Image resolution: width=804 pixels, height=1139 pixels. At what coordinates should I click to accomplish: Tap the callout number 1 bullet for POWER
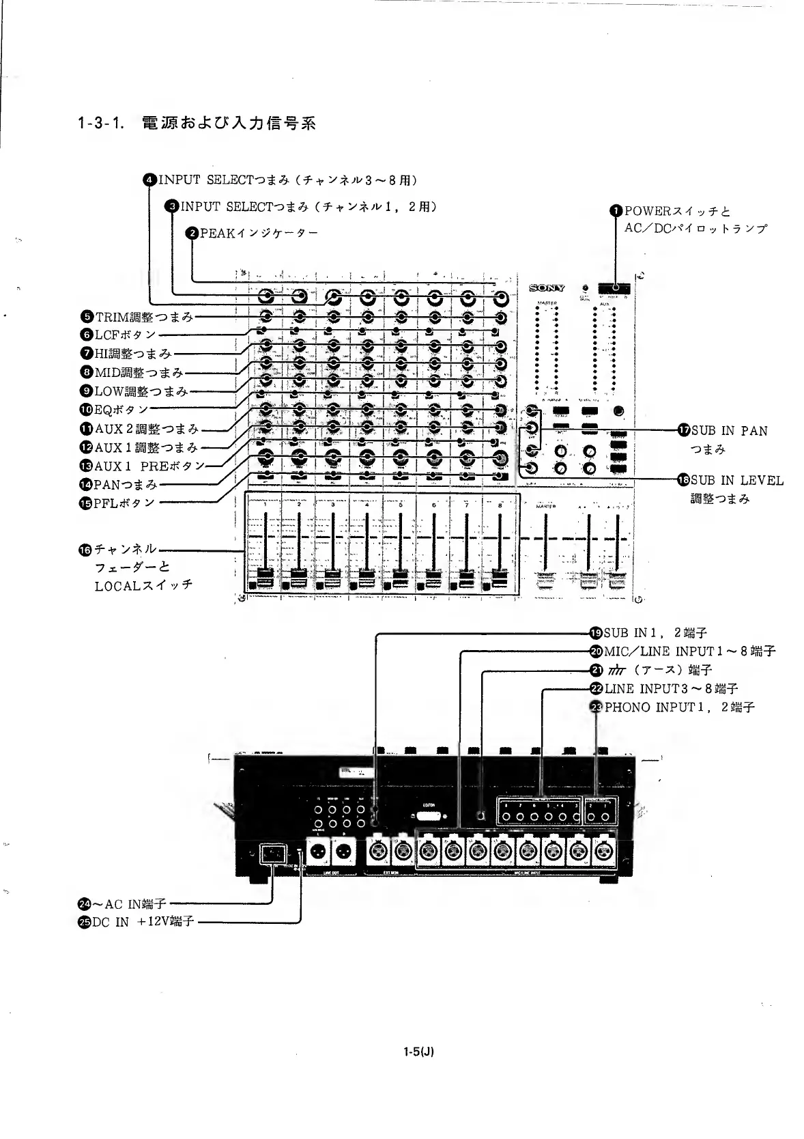point(617,211)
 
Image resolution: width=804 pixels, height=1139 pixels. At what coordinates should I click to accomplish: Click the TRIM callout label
point(143,317)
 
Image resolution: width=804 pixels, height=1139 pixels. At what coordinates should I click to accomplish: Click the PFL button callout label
point(124,503)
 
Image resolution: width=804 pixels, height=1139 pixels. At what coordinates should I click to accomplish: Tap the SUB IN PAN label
point(728,431)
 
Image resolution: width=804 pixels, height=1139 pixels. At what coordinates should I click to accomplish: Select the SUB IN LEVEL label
point(736,480)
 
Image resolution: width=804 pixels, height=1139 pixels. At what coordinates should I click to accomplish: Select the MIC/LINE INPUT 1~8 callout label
point(689,651)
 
